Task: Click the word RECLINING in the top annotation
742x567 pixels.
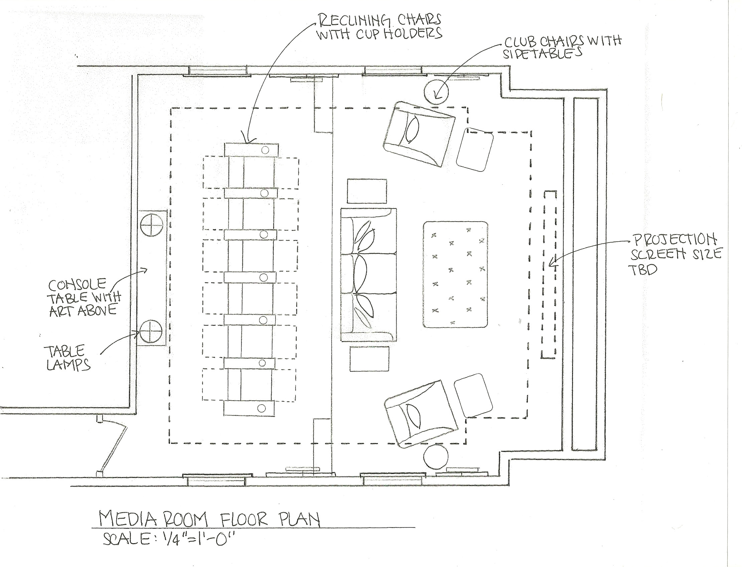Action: (354, 21)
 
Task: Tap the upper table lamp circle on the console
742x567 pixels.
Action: (151, 225)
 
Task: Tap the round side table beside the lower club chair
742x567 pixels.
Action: (436, 457)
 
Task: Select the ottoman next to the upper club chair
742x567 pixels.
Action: (475, 149)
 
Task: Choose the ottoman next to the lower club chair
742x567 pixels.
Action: (472, 397)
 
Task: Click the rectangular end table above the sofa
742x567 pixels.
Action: (367, 191)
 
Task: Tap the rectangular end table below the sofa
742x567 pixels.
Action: (369, 359)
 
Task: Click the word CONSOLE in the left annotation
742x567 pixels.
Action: (77, 285)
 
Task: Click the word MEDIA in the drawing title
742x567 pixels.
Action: (128, 519)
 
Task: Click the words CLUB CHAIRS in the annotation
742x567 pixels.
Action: (543, 42)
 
